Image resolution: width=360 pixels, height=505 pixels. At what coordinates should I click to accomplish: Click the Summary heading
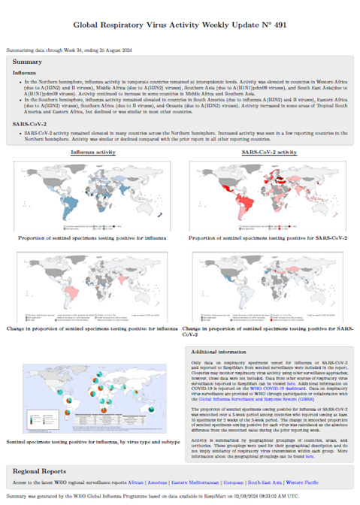pos(28,61)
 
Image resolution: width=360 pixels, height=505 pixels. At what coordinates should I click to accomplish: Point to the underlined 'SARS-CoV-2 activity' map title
pos(267,152)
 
